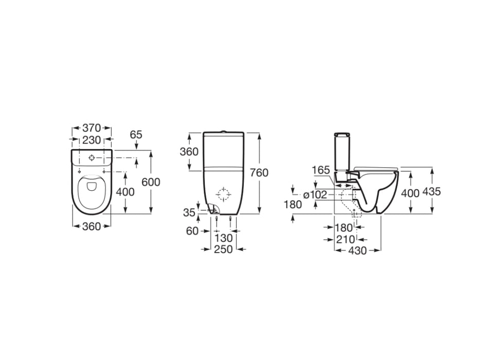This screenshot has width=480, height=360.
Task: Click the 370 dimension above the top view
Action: [x=91, y=128]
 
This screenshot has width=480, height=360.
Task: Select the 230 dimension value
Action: [x=91, y=139]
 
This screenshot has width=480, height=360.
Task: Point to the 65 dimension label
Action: [x=136, y=135]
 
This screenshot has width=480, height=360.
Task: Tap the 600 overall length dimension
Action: [x=151, y=182]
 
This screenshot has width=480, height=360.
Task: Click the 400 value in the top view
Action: [x=125, y=192]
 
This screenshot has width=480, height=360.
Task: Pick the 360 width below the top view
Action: [x=91, y=226]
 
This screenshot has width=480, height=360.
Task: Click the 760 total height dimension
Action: [x=259, y=173]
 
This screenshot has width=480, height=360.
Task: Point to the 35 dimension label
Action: [x=189, y=212]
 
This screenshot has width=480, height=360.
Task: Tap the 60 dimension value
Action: [x=192, y=231]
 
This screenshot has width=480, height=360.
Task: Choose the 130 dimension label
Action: [x=223, y=238]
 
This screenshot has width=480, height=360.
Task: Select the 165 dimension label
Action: [x=321, y=169]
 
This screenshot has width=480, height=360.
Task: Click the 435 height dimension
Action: [x=431, y=191]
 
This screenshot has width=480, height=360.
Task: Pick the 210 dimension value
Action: [x=345, y=239]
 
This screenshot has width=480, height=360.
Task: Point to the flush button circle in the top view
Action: [x=92, y=157]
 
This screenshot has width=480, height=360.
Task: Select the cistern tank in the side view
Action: [x=342, y=153]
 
